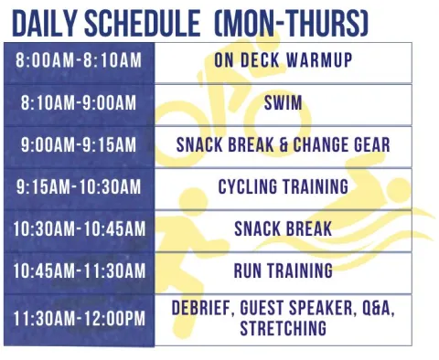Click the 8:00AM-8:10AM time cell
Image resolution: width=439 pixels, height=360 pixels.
[80, 60]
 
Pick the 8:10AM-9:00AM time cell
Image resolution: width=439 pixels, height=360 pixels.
[80, 103]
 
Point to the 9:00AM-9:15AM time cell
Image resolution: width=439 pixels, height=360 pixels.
[80, 144]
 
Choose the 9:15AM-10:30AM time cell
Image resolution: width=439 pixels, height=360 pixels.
[80, 186]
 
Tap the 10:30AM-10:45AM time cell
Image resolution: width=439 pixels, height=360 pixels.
[80, 228]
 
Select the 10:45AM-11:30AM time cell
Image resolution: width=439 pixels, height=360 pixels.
[80, 270]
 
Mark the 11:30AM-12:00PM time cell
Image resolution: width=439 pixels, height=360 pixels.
[80, 319]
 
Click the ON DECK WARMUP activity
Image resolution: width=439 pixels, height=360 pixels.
[284, 60]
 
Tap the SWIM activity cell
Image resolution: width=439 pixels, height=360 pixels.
[284, 103]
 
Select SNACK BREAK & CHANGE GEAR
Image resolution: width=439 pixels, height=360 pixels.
[284, 144]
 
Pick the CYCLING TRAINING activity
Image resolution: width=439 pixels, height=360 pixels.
[284, 186]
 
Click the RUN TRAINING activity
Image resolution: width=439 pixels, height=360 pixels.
[284, 270]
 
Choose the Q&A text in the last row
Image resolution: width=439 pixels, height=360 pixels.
[377, 310]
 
